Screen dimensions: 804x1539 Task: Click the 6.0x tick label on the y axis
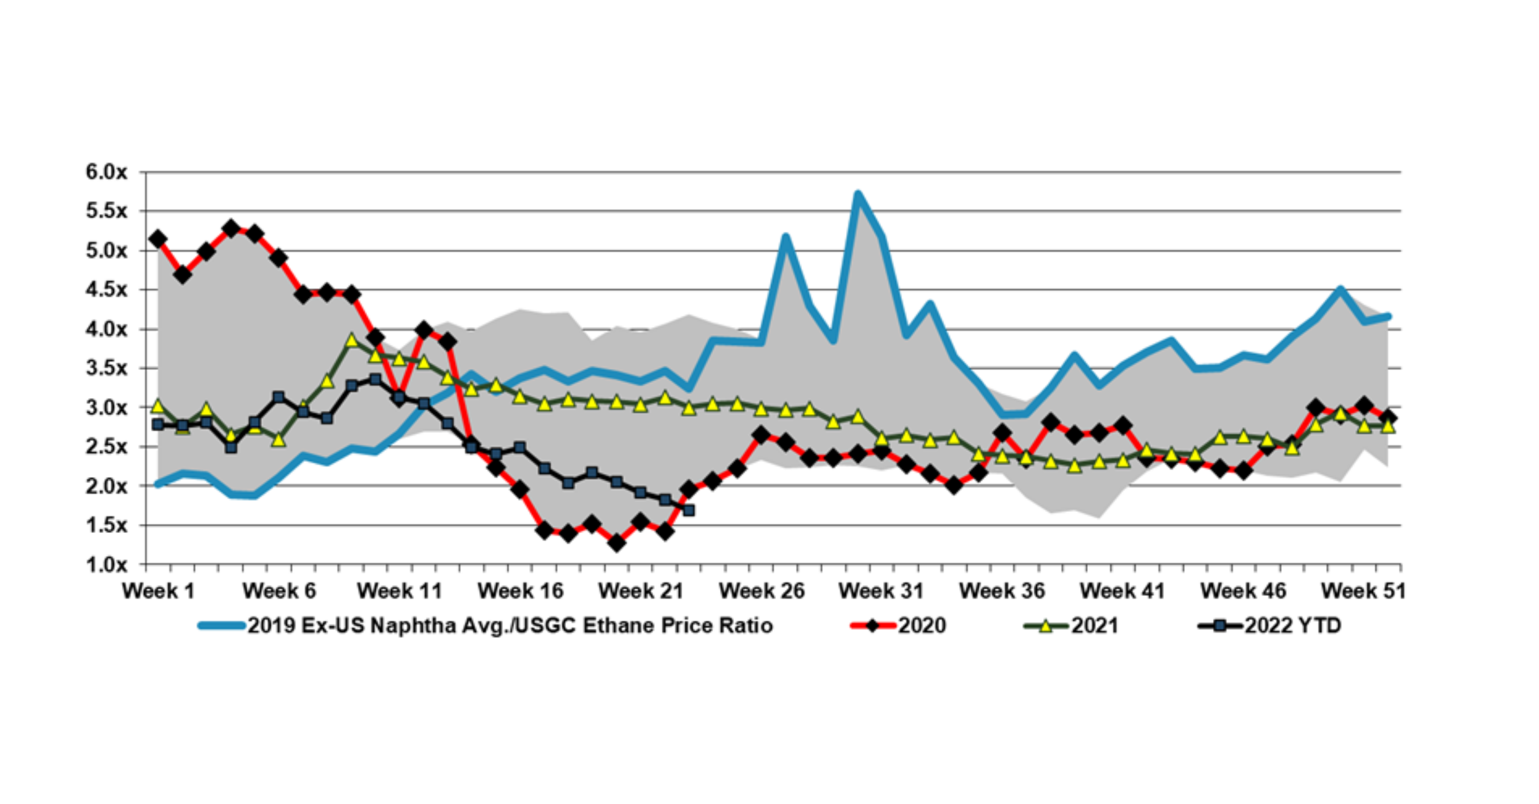pos(107,172)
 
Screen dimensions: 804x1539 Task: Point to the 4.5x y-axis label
pos(107,290)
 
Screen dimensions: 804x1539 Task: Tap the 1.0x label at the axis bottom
pos(107,565)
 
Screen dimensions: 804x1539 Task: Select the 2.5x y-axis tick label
pos(107,447)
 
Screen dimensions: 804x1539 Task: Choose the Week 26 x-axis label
pos(762,591)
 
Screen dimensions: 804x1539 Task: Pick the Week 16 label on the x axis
pos(520,591)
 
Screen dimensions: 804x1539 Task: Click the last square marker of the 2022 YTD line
pos(688,510)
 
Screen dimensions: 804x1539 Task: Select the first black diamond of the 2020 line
pos(158,239)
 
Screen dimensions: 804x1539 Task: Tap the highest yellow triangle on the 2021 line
pos(351,340)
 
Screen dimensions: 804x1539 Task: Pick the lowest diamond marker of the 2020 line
pos(617,543)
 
